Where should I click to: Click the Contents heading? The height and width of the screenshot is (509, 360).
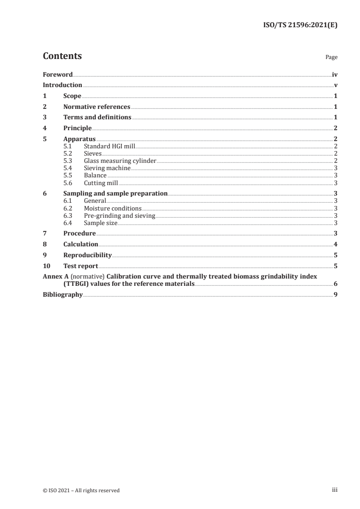pos(62,56)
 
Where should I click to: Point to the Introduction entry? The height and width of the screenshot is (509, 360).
pos(62,85)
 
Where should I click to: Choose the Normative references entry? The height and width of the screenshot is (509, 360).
pos(97,107)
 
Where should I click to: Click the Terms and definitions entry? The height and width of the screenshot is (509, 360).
pos(97,117)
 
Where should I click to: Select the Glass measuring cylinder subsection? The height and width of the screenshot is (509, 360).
pos(120,161)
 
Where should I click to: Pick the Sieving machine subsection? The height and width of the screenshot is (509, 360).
pos(107,168)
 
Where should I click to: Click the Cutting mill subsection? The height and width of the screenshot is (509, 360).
pos(101,183)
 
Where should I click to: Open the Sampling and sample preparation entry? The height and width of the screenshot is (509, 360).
pos(115,193)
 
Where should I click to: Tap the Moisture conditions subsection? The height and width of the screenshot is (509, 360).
pos(113,208)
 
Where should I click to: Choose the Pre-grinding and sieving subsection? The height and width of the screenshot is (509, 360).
pos(119,215)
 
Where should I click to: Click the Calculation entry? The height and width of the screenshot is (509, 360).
pos(81,244)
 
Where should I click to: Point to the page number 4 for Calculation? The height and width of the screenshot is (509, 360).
pos(335,244)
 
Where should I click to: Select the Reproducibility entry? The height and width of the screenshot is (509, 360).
pos(88,255)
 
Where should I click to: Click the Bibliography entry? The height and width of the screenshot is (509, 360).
pos(63,294)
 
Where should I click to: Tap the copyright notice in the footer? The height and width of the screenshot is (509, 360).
pos(81,490)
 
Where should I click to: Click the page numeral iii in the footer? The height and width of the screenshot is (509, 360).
pos(335,490)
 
